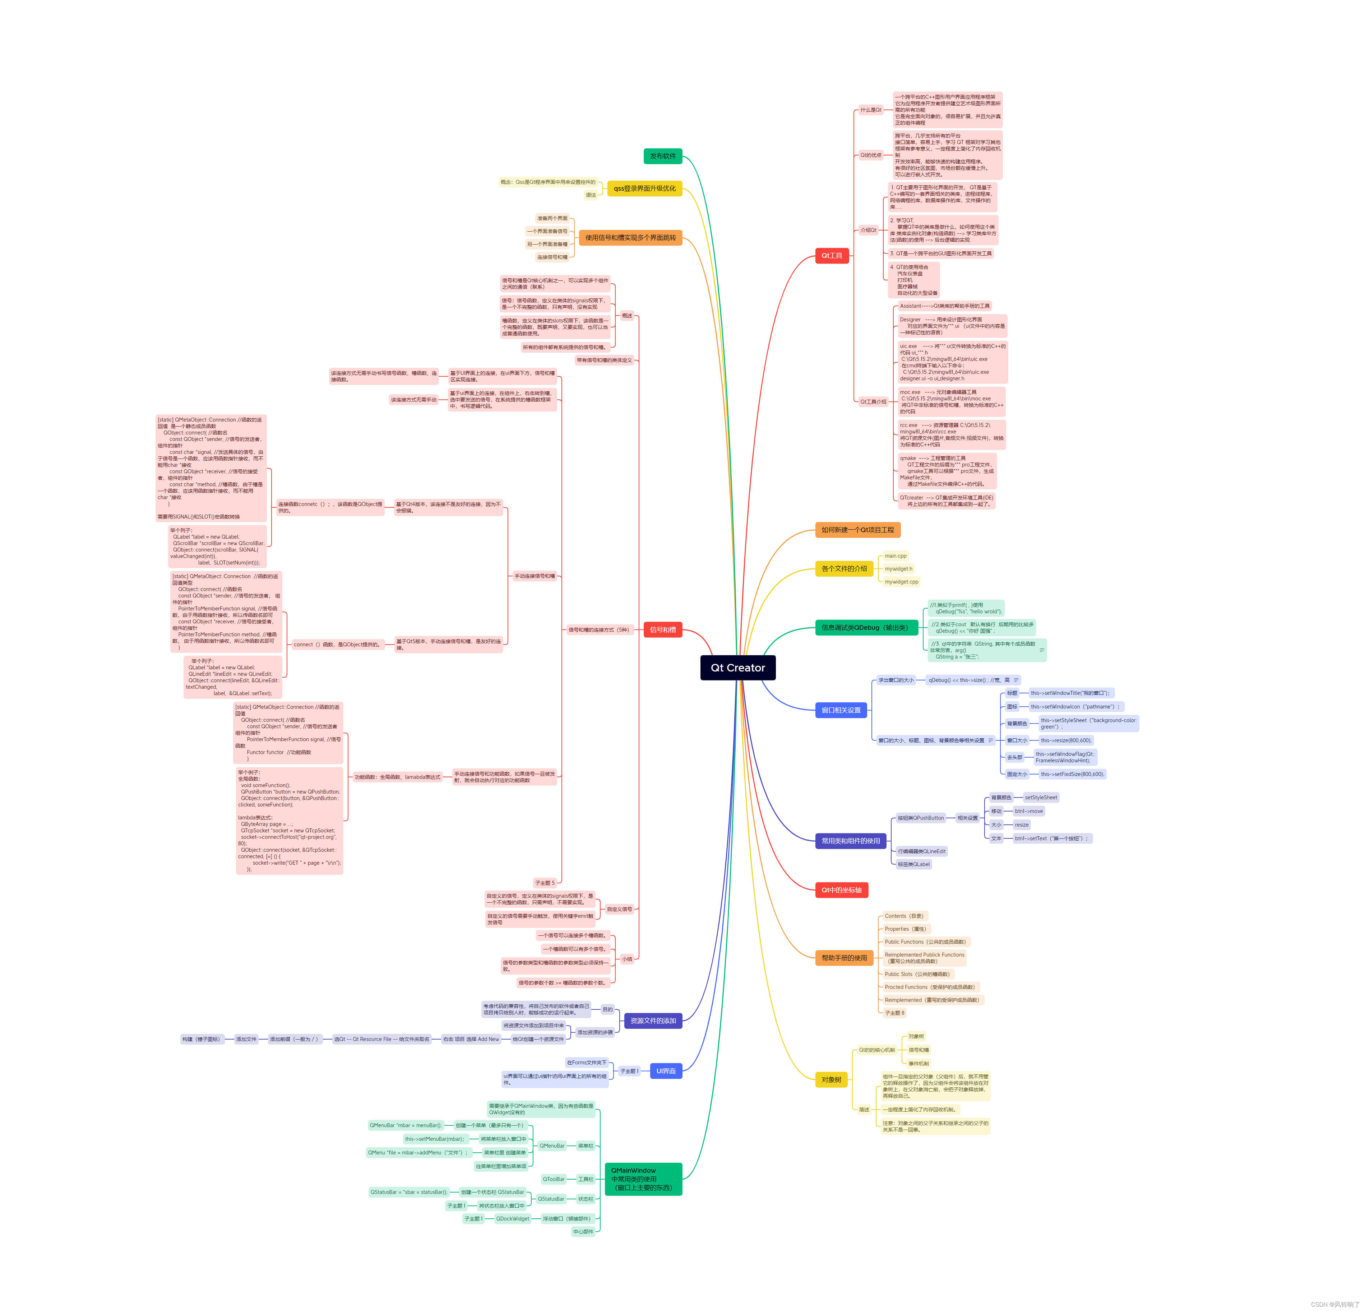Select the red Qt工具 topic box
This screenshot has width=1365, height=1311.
pyautogui.click(x=832, y=256)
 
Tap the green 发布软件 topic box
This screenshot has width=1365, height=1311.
pyautogui.click(x=662, y=156)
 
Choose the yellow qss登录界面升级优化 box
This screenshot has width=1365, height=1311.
pyautogui.click(x=644, y=188)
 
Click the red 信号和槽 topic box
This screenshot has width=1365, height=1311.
pyautogui.click(x=662, y=629)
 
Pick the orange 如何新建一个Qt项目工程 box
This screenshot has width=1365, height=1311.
pyautogui.click(x=857, y=530)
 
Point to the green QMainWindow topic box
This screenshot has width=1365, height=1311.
pyautogui.click(x=643, y=1179)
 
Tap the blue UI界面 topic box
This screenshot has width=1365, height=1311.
pyautogui.click(x=666, y=1071)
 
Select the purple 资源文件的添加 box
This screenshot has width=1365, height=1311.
pyautogui.click(x=653, y=1021)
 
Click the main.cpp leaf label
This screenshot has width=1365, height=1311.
pyautogui.click(x=896, y=555)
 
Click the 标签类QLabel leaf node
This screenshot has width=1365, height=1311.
pyautogui.click(x=913, y=864)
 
